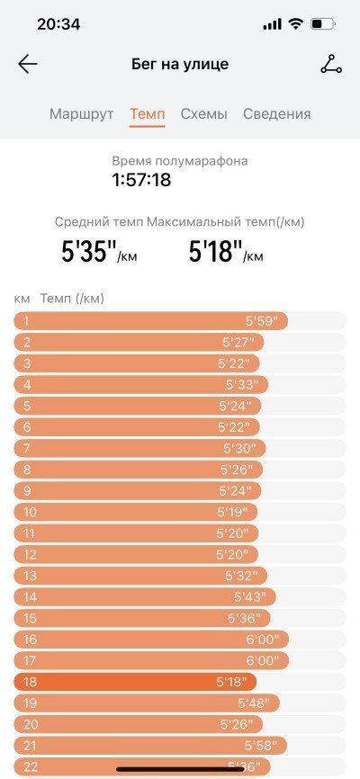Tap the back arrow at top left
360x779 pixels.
tap(28, 64)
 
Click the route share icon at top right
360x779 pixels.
tap(331, 64)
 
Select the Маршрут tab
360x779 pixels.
tap(82, 113)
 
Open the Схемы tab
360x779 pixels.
tap(204, 113)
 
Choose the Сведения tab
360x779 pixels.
tap(277, 113)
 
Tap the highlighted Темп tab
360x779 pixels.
tap(148, 113)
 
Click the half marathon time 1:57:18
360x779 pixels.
tap(141, 180)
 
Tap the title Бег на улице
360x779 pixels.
tap(180, 64)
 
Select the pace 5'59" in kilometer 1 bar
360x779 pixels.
tap(260, 321)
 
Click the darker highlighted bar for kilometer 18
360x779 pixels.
tap(135, 682)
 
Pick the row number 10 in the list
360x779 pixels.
tap(31, 512)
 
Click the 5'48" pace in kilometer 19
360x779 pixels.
tap(254, 703)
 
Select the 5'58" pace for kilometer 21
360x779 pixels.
tap(260, 746)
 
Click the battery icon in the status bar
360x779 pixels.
tap(323, 24)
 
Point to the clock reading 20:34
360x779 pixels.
tap(58, 24)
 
